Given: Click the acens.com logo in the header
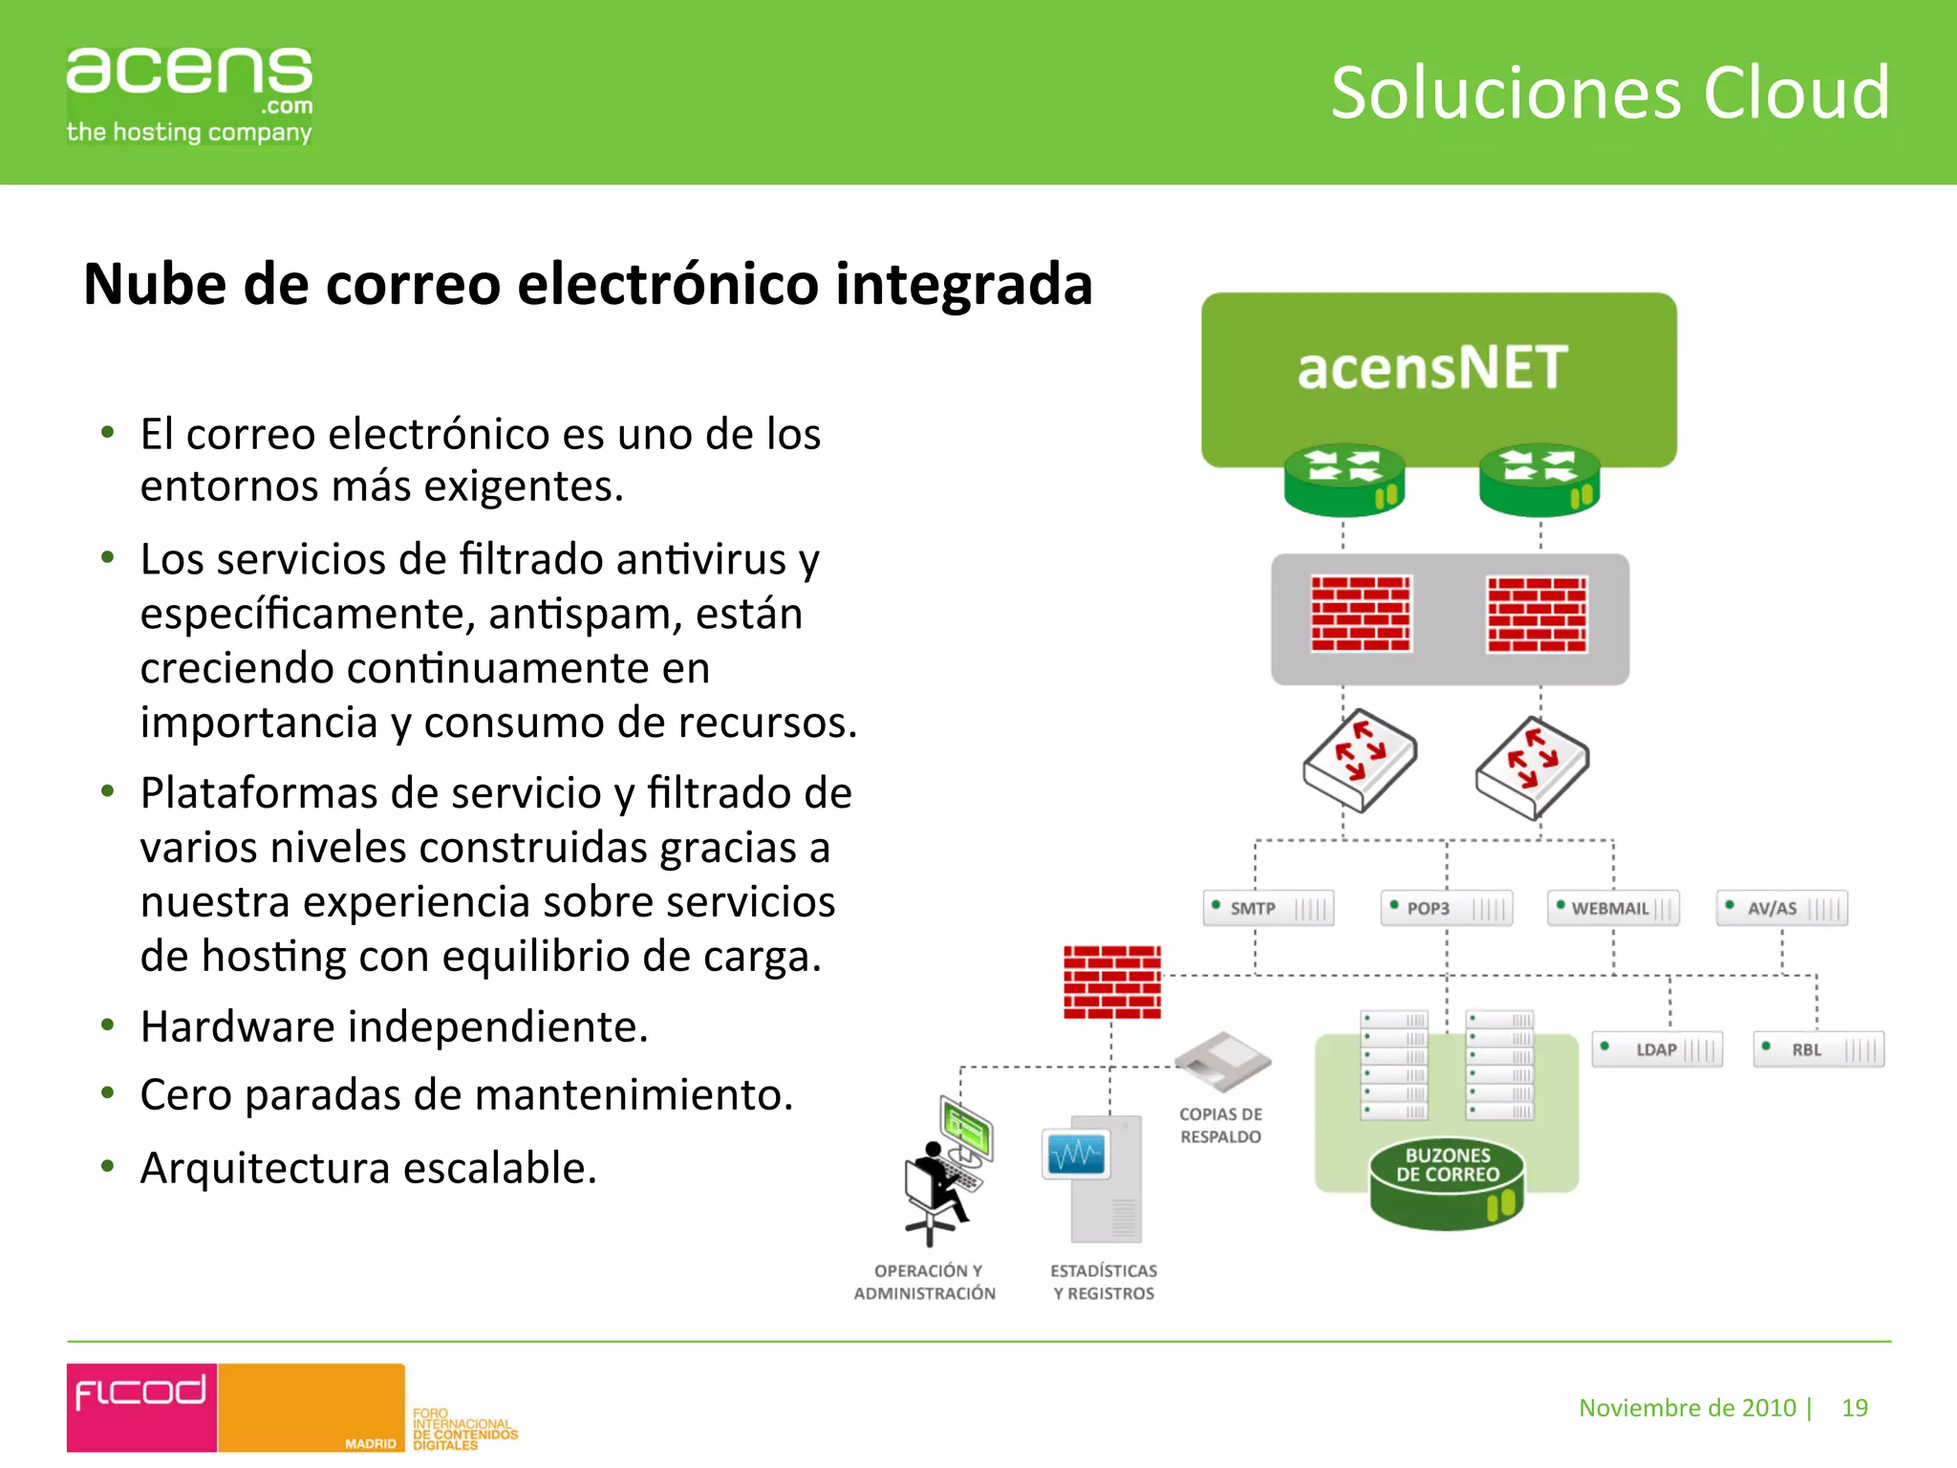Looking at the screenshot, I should (189, 94).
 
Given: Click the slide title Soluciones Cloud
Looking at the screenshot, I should (1609, 93).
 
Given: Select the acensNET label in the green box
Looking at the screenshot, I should (1432, 368).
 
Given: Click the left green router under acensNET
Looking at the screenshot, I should (1344, 479).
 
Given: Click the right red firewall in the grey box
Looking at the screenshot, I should (1537, 615).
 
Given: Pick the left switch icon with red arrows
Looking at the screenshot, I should (1359, 759).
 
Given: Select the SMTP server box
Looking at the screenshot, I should (1268, 908).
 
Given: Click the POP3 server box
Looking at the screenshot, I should (1446, 908).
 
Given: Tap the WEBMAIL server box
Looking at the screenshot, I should (1613, 908).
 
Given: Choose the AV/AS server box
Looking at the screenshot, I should (1781, 908).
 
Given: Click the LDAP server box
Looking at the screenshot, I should (1657, 1049).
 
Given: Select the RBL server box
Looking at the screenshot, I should (1818, 1049).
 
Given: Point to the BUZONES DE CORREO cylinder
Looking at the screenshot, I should (1447, 1182).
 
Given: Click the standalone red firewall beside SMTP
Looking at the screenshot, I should (1112, 982).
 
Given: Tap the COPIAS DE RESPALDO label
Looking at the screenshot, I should (1220, 1125).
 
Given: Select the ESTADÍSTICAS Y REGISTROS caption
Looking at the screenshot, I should (1104, 1282).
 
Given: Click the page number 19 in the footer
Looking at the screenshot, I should (1854, 1408).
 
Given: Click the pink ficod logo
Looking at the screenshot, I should (141, 1406).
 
